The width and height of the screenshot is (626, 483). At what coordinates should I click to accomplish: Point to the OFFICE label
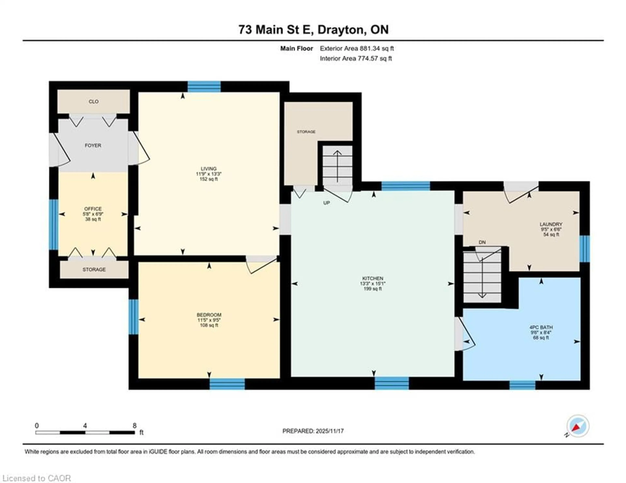[x=93, y=209]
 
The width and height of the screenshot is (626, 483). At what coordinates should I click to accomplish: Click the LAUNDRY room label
[x=551, y=224]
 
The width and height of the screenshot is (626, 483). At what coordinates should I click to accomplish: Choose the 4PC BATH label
[x=541, y=327]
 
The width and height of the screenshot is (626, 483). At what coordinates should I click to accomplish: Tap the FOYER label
[x=93, y=146]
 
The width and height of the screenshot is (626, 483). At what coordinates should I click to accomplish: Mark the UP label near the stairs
[x=327, y=203]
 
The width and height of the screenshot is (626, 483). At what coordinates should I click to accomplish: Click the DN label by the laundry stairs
[x=482, y=242]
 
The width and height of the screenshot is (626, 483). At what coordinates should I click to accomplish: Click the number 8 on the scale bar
[x=134, y=426]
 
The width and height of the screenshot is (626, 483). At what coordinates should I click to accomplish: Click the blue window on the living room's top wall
[x=204, y=87]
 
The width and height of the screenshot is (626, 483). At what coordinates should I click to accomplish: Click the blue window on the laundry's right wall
[x=584, y=249]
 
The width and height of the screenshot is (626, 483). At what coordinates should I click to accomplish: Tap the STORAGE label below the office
[x=94, y=270]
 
